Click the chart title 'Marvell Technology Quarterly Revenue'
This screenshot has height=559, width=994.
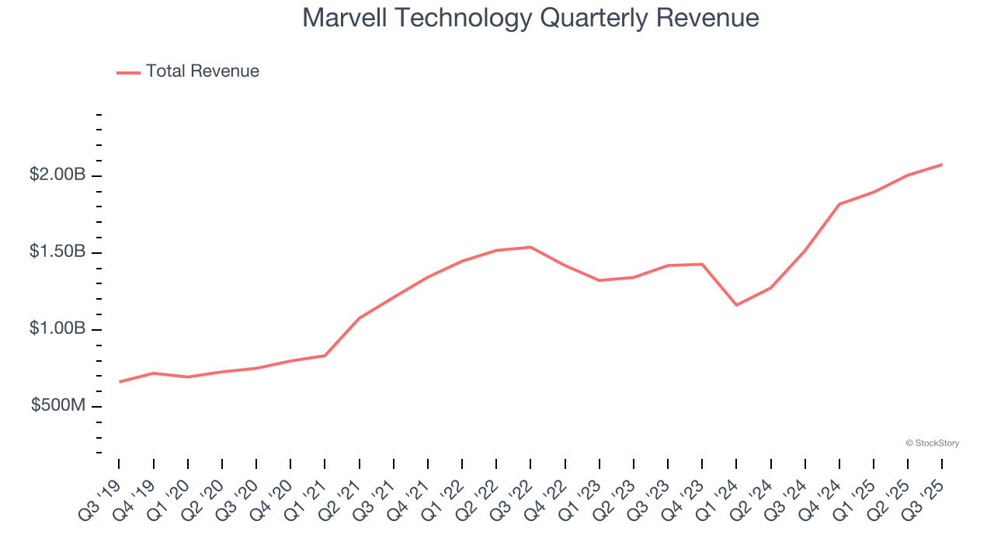point(530,17)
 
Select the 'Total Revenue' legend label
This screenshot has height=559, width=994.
point(202,71)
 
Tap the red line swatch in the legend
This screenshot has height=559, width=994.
point(128,72)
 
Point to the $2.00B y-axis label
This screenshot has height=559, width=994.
point(57,175)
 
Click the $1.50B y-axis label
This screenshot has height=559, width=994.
point(57,252)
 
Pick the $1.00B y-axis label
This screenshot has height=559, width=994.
point(57,329)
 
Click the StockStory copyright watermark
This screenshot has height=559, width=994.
point(932,443)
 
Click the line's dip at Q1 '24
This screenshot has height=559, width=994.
point(736,305)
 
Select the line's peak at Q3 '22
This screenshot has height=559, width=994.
point(530,247)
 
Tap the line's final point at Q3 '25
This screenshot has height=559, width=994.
point(941,165)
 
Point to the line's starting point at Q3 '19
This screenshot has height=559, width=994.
point(120,382)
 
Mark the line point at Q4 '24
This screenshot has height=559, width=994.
point(839,204)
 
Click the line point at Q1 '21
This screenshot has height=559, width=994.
point(325,356)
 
